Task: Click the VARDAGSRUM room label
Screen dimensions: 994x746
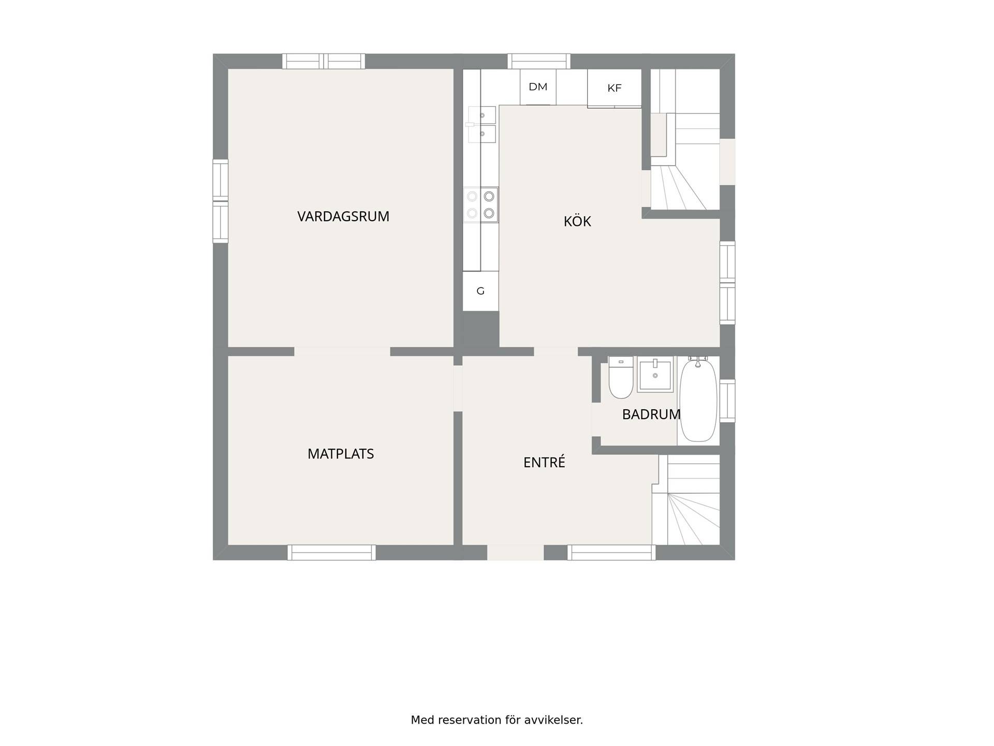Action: (343, 217)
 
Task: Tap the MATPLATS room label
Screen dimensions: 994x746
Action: (341, 454)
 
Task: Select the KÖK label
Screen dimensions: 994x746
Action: (577, 221)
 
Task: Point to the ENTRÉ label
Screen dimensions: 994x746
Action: (544, 462)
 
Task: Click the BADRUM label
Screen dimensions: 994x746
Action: (651, 414)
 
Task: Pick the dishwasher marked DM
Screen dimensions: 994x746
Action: (538, 87)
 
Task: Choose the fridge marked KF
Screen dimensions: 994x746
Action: (615, 88)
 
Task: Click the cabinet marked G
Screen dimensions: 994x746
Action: (480, 291)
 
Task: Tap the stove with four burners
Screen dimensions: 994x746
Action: (480, 205)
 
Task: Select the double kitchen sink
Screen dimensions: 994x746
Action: (481, 124)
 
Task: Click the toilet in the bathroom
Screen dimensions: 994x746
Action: (621, 377)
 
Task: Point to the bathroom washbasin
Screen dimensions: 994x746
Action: (655, 374)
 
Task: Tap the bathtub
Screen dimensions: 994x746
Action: (698, 399)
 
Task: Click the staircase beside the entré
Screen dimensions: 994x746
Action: (686, 500)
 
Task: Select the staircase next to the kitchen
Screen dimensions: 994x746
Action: (685, 139)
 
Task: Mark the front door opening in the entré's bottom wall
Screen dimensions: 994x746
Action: (515, 552)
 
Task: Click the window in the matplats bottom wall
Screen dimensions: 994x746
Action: (332, 552)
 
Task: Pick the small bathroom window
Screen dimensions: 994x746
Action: (727, 400)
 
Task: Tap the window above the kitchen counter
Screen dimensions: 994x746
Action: (539, 61)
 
